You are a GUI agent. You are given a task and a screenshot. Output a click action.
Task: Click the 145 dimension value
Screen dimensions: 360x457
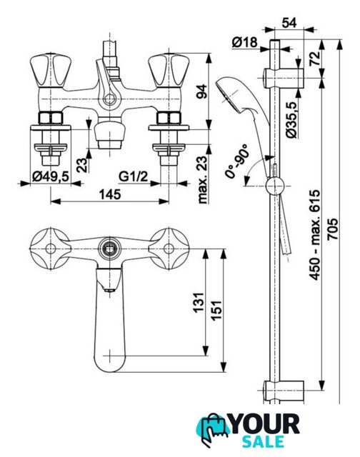point(109,194)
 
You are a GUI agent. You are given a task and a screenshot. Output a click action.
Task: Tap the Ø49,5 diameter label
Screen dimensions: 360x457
point(50,176)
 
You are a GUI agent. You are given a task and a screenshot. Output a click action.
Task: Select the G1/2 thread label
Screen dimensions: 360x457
point(134,176)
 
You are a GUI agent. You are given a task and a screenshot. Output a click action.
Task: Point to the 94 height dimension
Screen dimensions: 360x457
point(201,91)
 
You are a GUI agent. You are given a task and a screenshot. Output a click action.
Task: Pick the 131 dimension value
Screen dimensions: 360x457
point(199,303)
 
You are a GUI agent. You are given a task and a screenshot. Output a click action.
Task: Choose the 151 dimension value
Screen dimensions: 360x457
point(216,311)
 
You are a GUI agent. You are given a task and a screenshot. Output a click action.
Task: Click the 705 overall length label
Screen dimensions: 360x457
point(333,228)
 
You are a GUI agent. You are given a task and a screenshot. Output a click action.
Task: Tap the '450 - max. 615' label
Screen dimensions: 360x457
point(315,235)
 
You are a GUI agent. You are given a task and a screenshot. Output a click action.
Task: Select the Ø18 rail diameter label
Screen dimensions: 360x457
point(245,43)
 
